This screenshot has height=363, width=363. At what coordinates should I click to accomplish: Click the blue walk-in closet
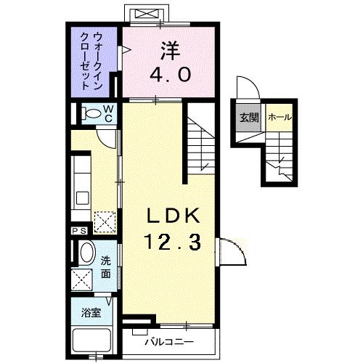click(x=94, y=62)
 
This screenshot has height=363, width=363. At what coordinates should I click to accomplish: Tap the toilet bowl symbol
click(x=92, y=114)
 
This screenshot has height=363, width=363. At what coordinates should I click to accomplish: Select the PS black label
click(x=78, y=231)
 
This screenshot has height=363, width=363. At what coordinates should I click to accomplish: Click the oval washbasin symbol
click(x=86, y=256)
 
